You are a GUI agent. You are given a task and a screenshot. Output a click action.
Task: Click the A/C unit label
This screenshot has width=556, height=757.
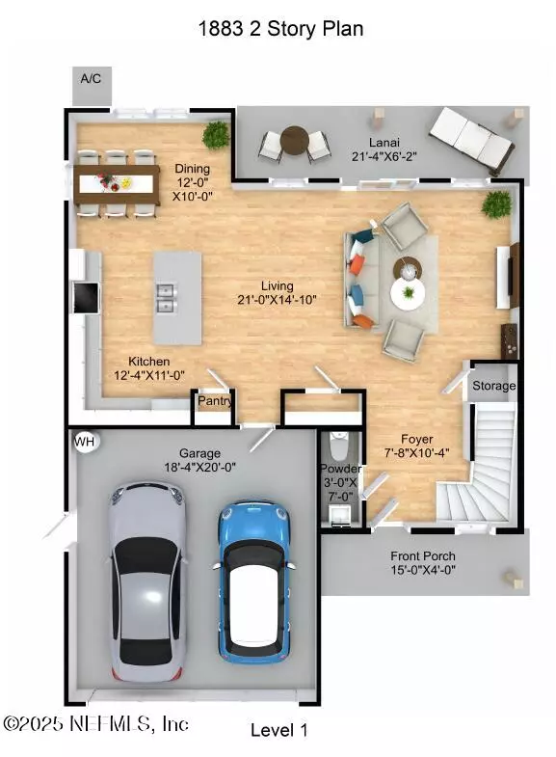tap(91, 78)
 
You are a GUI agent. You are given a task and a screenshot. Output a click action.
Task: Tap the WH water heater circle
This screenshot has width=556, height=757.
tap(86, 442)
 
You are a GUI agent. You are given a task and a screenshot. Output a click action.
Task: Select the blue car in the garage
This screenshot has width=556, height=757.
tap(254, 582)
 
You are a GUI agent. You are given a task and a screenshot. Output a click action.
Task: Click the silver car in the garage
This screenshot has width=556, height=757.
tap(146, 581)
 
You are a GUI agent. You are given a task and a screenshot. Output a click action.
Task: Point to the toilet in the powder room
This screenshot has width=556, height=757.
tap(338, 446)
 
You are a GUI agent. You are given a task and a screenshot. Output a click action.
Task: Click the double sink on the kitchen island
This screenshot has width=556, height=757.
tap(165, 298)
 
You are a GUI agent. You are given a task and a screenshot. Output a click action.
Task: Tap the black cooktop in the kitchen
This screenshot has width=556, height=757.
tap(86, 297)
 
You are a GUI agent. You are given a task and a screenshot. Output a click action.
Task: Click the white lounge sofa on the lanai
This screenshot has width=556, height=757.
tap(470, 141)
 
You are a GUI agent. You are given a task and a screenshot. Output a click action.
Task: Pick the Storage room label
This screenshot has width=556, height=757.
tap(493, 386)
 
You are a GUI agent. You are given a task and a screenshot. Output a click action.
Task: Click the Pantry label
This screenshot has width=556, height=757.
tap(215, 401)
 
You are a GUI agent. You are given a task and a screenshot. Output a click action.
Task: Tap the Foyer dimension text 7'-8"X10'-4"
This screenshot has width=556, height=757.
tap(416, 453)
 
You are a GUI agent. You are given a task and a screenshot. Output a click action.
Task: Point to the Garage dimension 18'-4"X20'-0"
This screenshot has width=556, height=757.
tap(199, 467)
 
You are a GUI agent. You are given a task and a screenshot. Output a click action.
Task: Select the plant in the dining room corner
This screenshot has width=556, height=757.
tap(216, 135)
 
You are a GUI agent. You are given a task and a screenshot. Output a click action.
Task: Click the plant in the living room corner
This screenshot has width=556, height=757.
tap(496, 204)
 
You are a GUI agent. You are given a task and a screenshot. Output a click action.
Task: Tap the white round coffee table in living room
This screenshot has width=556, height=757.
tap(408, 293)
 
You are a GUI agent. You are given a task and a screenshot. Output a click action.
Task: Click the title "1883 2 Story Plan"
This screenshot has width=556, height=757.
tap(280, 29)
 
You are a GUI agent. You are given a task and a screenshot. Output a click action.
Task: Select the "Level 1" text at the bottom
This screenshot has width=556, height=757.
tap(278, 729)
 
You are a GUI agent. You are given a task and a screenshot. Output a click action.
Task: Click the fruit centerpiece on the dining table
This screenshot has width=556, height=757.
tap(115, 182)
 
